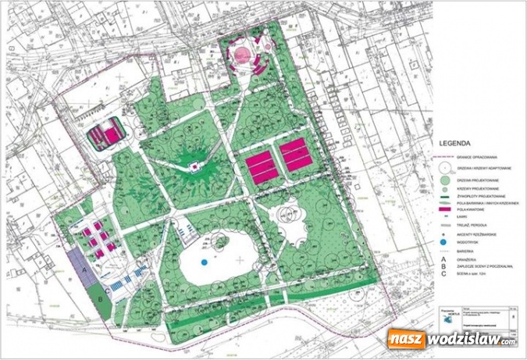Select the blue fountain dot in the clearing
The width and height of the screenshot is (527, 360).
204,261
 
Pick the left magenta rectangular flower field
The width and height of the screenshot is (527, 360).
262,166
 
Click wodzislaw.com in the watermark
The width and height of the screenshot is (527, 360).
472,340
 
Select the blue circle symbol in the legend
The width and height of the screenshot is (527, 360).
443,241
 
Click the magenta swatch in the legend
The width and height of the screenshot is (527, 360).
443,210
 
